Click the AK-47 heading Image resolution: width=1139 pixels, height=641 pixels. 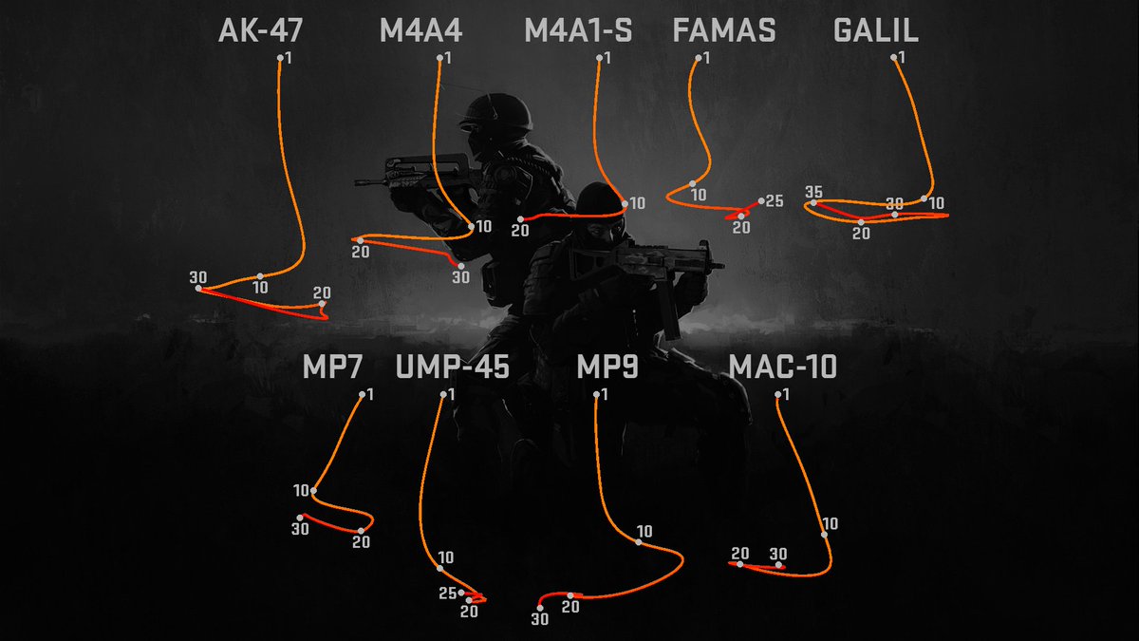click(x=260, y=30)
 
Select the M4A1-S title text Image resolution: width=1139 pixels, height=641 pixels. click(x=578, y=30)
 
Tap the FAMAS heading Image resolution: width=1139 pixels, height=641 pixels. click(x=724, y=30)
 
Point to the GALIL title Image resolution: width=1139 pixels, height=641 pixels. click(x=875, y=30)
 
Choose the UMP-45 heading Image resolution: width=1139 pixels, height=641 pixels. click(x=452, y=367)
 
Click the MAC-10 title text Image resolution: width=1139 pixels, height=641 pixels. click(x=782, y=367)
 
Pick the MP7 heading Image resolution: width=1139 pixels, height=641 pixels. click(x=332, y=367)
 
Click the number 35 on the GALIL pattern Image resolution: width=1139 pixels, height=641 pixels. click(x=813, y=192)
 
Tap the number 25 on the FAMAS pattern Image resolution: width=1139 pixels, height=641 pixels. click(x=775, y=201)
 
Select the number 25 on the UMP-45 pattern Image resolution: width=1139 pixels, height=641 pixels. click(x=448, y=594)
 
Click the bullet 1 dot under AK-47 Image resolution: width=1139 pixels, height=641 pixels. click(x=280, y=58)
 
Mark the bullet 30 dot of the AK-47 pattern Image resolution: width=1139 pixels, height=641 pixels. click(x=198, y=289)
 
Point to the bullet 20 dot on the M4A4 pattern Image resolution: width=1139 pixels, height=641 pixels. click(x=360, y=240)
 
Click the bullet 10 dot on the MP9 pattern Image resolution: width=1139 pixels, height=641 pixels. click(x=638, y=542)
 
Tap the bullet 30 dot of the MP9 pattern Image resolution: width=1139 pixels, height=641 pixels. click(x=540, y=608)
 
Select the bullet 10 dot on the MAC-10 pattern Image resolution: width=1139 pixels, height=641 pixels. click(x=824, y=535)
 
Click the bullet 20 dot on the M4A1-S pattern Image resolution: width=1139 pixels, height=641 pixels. click(x=520, y=219)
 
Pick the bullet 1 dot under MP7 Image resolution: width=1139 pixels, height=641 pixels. click(x=362, y=394)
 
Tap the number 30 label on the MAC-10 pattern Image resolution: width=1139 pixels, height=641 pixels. click(x=778, y=554)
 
